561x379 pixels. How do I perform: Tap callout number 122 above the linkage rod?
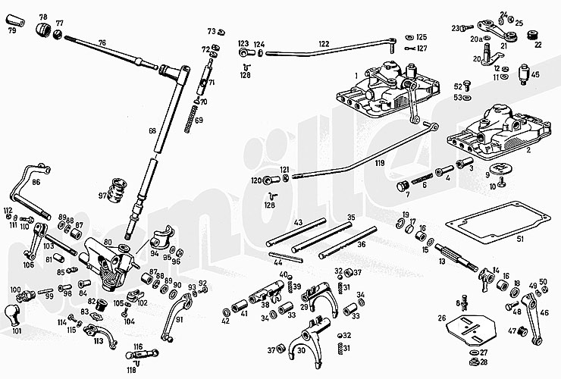click(324, 43)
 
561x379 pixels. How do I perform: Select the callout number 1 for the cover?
click(355, 74)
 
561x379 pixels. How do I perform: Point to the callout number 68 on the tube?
click(152, 131)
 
